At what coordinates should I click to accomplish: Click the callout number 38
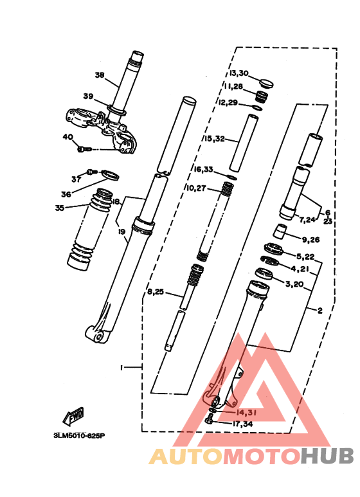tap(99, 75)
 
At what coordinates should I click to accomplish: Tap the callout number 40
tap(67, 137)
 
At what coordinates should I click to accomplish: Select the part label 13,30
tap(238, 74)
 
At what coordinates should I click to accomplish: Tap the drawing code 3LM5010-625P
tap(79, 435)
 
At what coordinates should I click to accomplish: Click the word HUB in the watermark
tap(327, 456)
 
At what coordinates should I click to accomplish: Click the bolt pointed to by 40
tap(82, 149)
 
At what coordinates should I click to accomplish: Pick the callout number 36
tap(66, 194)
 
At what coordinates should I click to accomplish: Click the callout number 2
tap(319, 311)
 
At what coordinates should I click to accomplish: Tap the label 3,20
tap(295, 284)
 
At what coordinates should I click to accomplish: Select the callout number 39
tap(88, 97)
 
